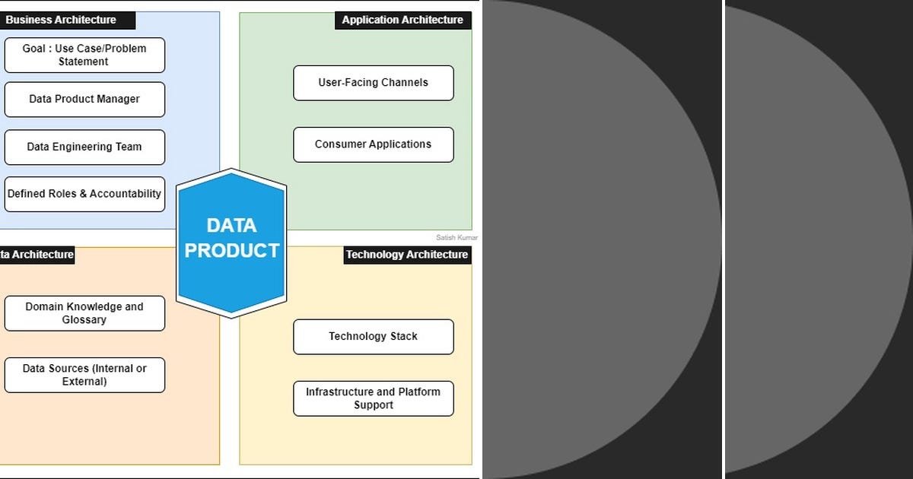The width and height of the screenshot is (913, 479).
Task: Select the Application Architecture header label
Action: pos(402,20)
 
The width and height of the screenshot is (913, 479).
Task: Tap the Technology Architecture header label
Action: pos(406,255)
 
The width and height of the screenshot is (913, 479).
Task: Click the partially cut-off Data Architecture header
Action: pos(37,255)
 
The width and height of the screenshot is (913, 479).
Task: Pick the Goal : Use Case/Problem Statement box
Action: pos(84,55)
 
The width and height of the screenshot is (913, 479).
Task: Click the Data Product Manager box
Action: pos(84,99)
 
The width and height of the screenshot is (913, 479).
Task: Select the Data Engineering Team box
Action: pos(84,147)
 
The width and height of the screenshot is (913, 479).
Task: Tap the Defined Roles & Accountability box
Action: pos(84,194)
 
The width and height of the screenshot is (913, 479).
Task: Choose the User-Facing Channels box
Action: pos(373,82)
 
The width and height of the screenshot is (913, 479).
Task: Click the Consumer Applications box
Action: pos(373,144)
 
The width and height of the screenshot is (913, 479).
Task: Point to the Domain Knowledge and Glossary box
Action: pos(84,313)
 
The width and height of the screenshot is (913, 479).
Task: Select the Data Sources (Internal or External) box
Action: pos(84,375)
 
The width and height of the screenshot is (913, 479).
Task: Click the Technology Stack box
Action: pos(373,336)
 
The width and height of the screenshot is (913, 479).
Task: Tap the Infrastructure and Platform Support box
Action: pos(373,398)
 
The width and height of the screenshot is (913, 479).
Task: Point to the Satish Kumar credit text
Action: pos(456,237)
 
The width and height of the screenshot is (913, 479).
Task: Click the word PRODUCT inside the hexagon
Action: pos(232,251)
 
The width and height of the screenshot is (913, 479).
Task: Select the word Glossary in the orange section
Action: pos(84,320)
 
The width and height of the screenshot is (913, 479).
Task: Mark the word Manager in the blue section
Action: pos(119,99)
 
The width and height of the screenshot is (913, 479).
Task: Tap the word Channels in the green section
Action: pos(404,82)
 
